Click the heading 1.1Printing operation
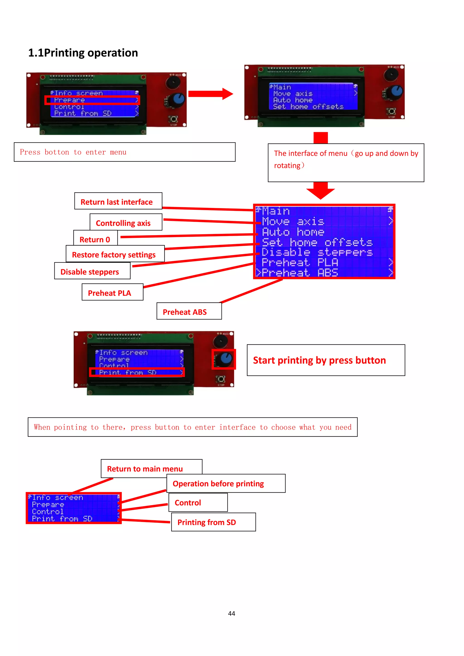click(x=83, y=53)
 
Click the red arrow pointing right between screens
click(x=210, y=94)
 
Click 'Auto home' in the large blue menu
click(x=293, y=232)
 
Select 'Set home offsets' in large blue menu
click(x=317, y=242)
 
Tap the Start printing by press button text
click(x=319, y=360)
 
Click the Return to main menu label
click(x=145, y=469)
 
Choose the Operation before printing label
click(x=218, y=483)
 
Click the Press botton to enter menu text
click(x=73, y=152)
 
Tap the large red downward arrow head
click(x=320, y=194)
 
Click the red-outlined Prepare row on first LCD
click(x=92, y=100)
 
